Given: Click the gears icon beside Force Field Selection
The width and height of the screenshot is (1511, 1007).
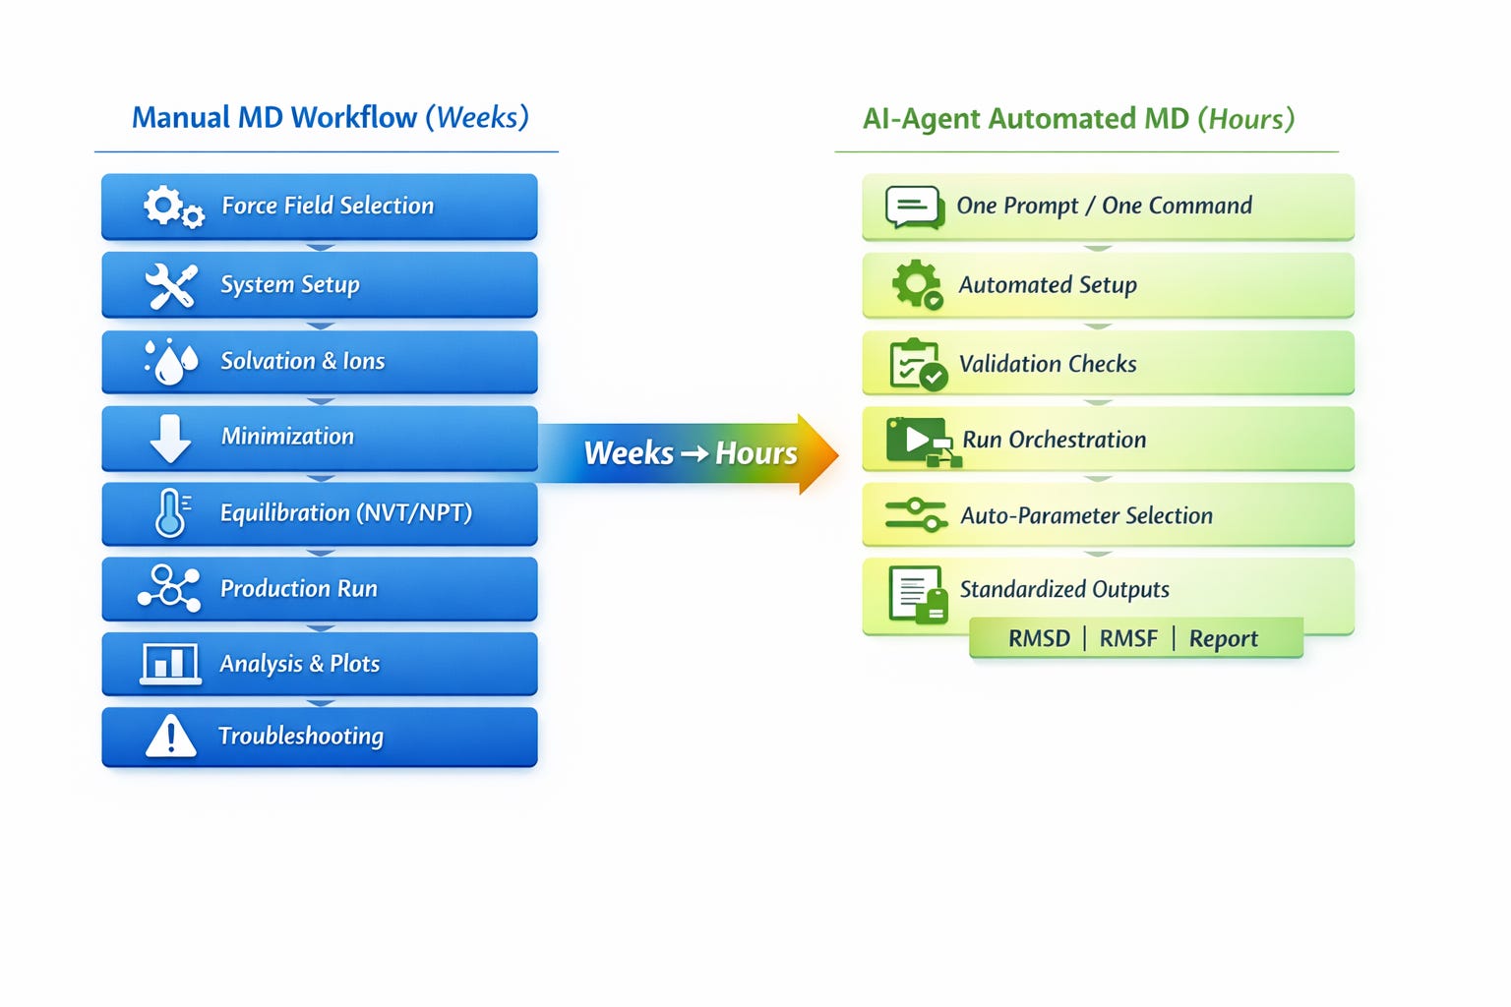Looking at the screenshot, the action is coord(173,207).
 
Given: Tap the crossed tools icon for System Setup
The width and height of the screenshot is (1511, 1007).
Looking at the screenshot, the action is coord(171,285).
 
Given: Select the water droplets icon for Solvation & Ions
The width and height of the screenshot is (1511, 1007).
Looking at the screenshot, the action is coord(171,362).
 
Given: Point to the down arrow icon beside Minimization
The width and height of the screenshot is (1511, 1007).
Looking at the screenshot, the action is coord(170,438).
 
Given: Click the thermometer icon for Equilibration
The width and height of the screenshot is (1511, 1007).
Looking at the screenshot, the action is coord(171,512).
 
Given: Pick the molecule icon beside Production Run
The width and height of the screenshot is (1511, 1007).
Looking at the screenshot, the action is coord(170,588).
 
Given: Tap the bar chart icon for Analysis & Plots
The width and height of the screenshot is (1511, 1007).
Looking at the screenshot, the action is coord(170,663).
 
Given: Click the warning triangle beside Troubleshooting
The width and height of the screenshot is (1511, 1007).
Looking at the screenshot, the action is coord(170,736).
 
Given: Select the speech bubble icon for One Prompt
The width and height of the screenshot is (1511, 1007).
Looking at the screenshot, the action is coord(914,207).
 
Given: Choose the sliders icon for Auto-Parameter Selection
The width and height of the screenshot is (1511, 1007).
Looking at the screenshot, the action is coord(916,514).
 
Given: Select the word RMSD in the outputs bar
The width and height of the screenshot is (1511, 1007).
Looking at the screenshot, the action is coord(1039,638).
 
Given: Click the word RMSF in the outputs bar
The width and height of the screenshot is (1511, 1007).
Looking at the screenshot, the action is coord(1128,638).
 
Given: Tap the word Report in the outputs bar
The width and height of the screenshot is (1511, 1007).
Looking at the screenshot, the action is coord(1223,638).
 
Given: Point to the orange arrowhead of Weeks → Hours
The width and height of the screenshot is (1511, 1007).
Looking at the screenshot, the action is coord(817,453).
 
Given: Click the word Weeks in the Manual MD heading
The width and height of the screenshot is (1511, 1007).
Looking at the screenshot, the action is coord(477,117).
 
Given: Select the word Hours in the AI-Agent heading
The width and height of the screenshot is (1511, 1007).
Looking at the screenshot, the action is coord(1245,119).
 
